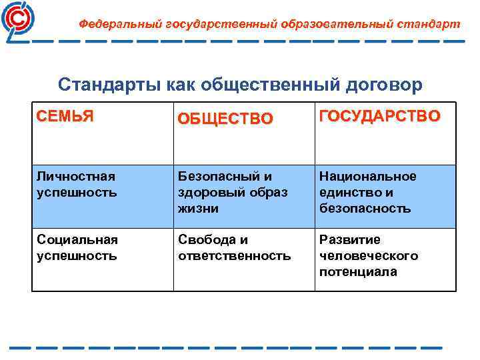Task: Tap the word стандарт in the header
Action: (x=428, y=24)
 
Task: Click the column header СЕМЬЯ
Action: (x=65, y=116)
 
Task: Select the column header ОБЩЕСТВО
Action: (x=225, y=119)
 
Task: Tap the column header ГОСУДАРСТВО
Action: (x=379, y=116)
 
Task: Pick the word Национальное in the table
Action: (x=367, y=177)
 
